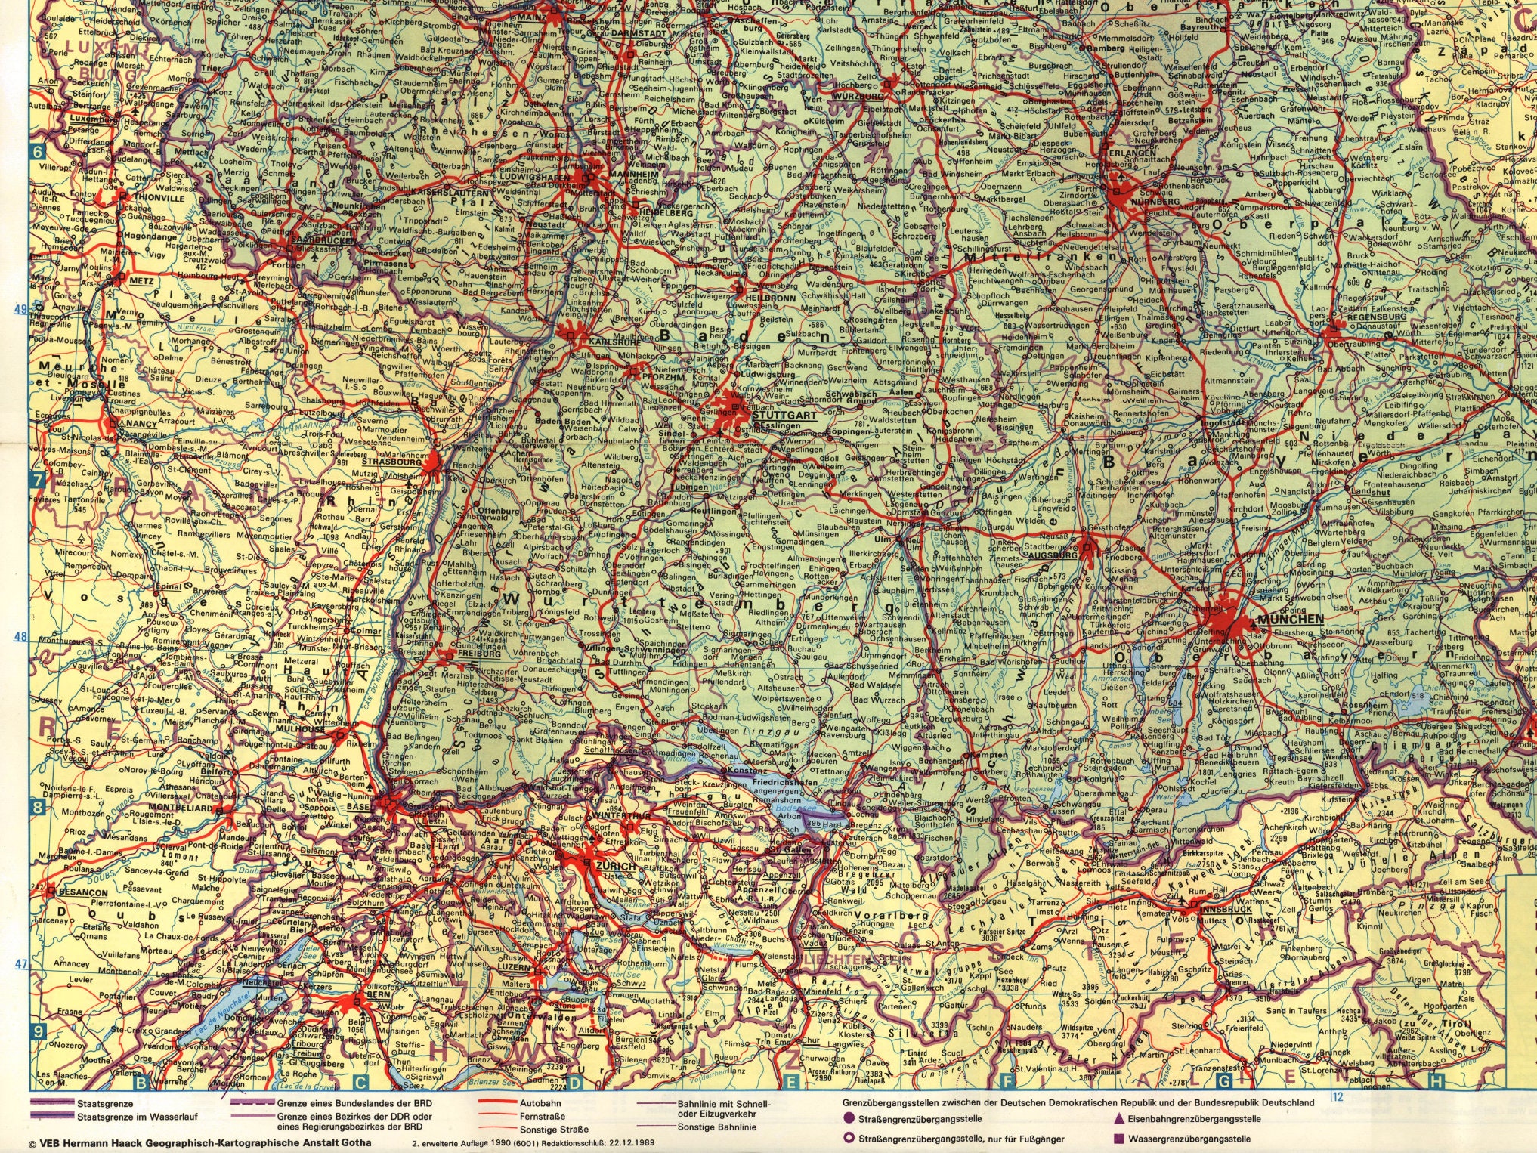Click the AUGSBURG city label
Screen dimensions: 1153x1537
tap(1052, 555)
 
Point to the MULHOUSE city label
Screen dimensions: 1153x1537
tap(301, 730)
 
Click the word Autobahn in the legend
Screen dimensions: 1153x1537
tap(540, 1103)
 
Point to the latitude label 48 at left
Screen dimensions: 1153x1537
tap(20, 636)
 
